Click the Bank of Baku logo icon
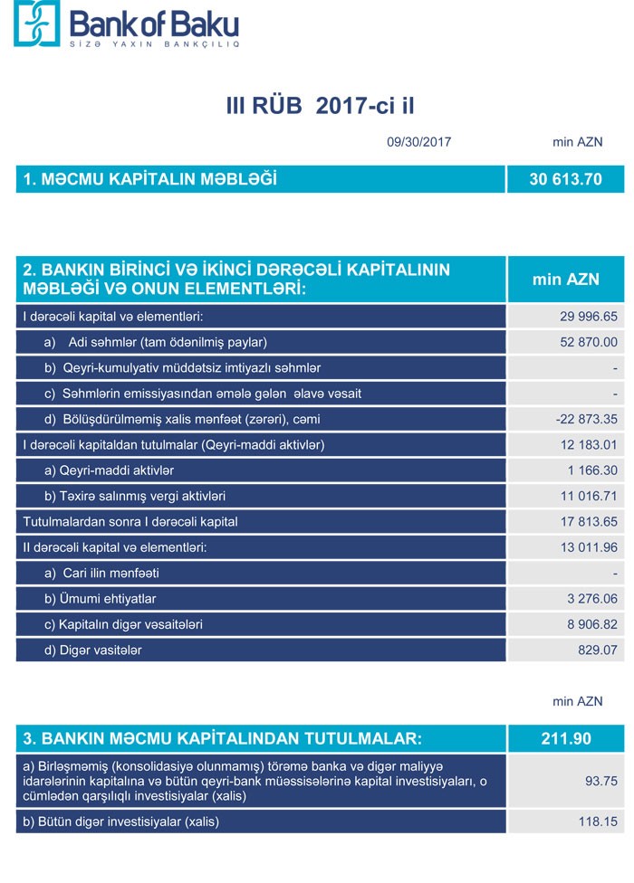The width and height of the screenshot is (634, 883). (x=35, y=24)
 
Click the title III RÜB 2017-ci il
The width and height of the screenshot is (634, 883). (x=321, y=107)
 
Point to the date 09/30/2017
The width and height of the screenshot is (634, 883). (x=418, y=142)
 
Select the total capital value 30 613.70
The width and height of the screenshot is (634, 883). (x=565, y=179)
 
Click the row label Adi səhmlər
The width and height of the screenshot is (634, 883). (x=168, y=342)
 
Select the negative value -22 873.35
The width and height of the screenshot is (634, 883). (x=586, y=420)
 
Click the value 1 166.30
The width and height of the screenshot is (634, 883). (x=593, y=470)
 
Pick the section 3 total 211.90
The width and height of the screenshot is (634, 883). (x=565, y=738)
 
